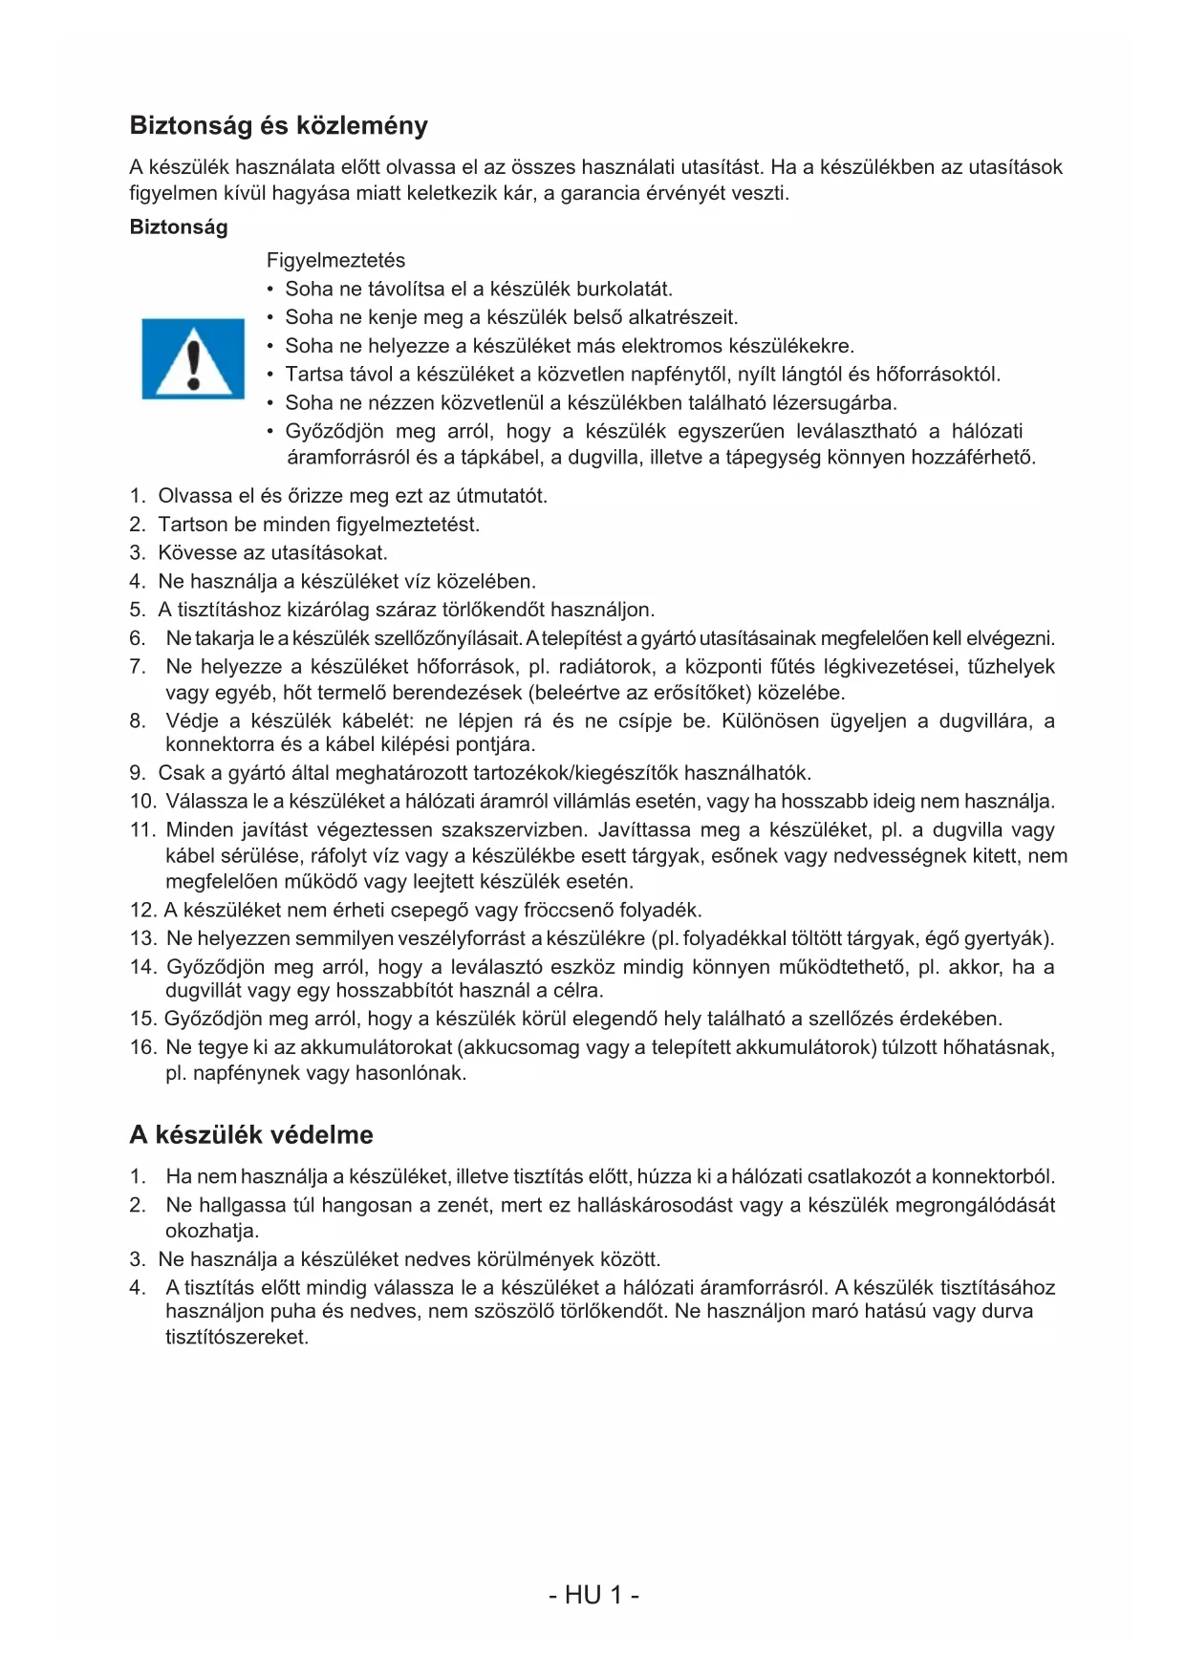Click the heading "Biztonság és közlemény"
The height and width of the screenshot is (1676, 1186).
(278, 126)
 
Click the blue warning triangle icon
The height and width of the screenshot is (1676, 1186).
(193, 358)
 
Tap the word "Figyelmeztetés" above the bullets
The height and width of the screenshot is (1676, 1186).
(335, 261)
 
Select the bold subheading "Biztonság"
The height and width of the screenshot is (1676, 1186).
(179, 227)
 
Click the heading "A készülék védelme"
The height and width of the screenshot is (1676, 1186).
(251, 1135)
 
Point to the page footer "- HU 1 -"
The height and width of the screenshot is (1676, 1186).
(593, 1595)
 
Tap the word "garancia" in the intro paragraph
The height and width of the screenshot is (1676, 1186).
(599, 193)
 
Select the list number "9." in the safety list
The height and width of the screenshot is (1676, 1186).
(138, 773)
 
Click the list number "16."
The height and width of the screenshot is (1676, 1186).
(142, 1047)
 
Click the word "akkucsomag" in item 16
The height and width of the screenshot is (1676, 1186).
(520, 1047)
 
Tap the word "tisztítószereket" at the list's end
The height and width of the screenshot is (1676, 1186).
(236, 1337)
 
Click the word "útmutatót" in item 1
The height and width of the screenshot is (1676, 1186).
(500, 496)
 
